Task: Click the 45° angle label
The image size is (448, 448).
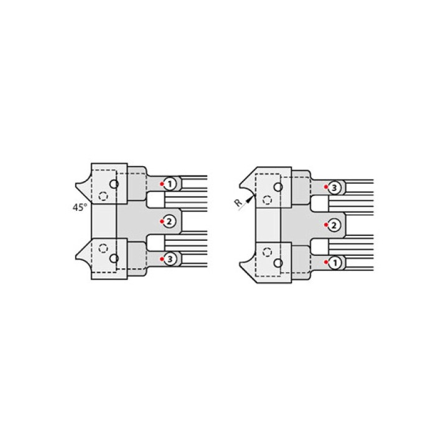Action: (80, 207)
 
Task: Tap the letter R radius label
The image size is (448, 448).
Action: (238, 203)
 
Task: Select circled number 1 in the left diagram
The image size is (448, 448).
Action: (170, 184)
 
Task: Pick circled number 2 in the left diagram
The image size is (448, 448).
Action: (169, 222)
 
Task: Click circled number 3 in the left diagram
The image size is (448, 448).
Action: (170, 259)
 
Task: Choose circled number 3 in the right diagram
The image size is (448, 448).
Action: (334, 188)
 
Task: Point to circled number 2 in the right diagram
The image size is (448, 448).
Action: (334, 225)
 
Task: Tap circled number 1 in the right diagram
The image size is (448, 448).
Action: (335, 263)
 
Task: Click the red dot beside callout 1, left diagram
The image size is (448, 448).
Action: (162, 184)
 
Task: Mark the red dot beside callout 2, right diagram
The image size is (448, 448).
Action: (326, 225)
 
